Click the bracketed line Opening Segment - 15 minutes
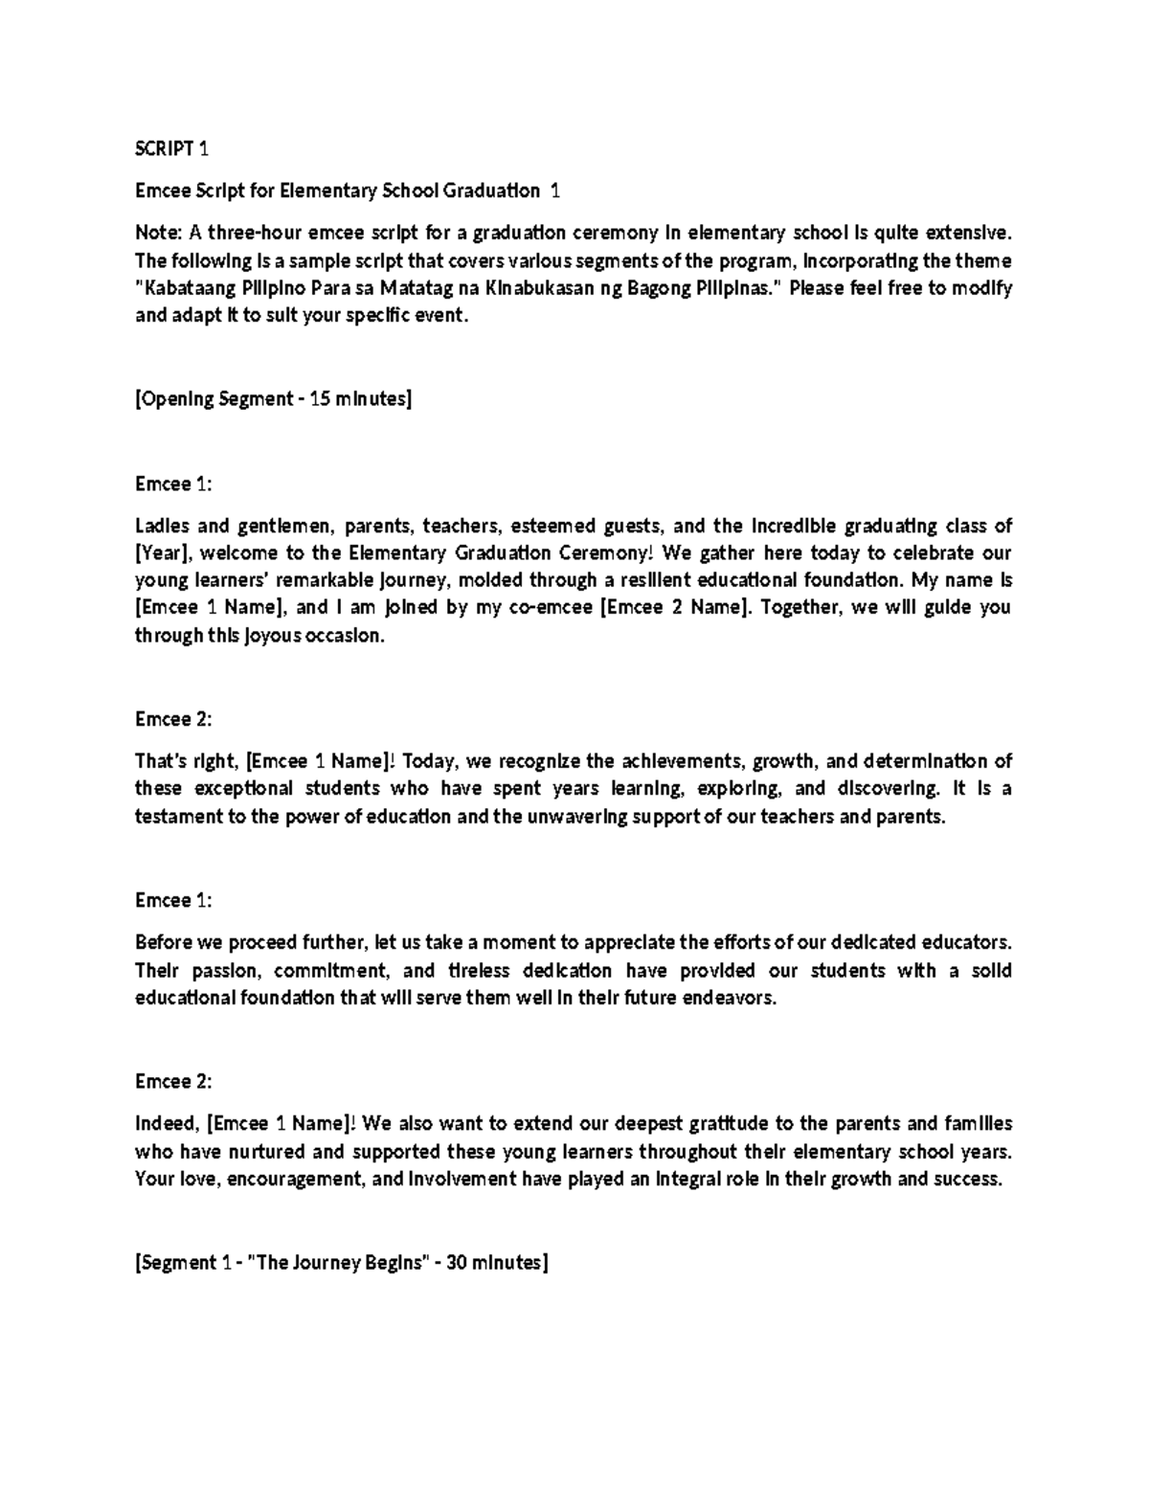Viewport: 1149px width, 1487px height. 273,399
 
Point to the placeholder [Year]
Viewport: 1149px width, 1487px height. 165,553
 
